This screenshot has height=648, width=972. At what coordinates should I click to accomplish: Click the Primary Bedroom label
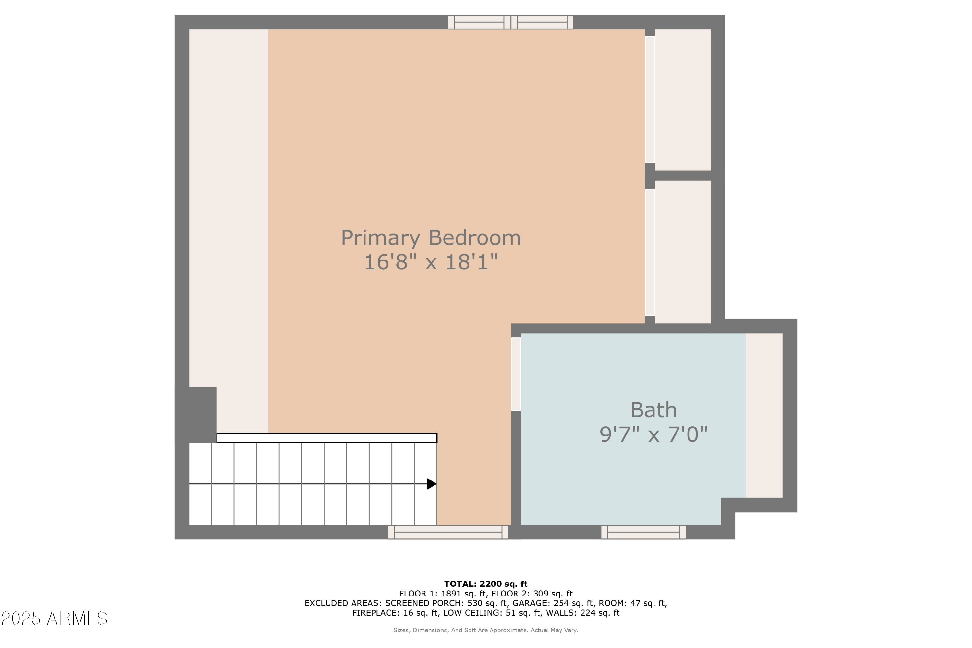click(431, 238)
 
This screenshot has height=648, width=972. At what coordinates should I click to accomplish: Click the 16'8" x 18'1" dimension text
click(431, 262)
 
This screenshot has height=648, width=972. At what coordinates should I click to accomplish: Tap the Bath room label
click(654, 411)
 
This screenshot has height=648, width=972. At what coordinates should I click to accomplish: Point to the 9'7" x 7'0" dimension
click(654, 434)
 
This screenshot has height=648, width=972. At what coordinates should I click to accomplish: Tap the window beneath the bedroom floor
click(448, 532)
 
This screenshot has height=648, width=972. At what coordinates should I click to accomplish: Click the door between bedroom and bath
click(516, 374)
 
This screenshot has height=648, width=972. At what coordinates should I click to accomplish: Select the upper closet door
click(650, 99)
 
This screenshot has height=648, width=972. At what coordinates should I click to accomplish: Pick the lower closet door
click(650, 252)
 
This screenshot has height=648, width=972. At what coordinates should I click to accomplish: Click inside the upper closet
click(683, 99)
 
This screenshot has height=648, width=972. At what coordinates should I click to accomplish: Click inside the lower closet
click(683, 252)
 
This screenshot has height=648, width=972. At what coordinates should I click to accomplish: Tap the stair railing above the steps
click(327, 438)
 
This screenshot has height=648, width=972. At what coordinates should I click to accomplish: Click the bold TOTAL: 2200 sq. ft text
click(486, 584)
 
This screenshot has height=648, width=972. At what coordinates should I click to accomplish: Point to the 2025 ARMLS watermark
click(54, 619)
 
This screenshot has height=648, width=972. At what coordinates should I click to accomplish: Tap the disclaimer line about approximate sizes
click(486, 630)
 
